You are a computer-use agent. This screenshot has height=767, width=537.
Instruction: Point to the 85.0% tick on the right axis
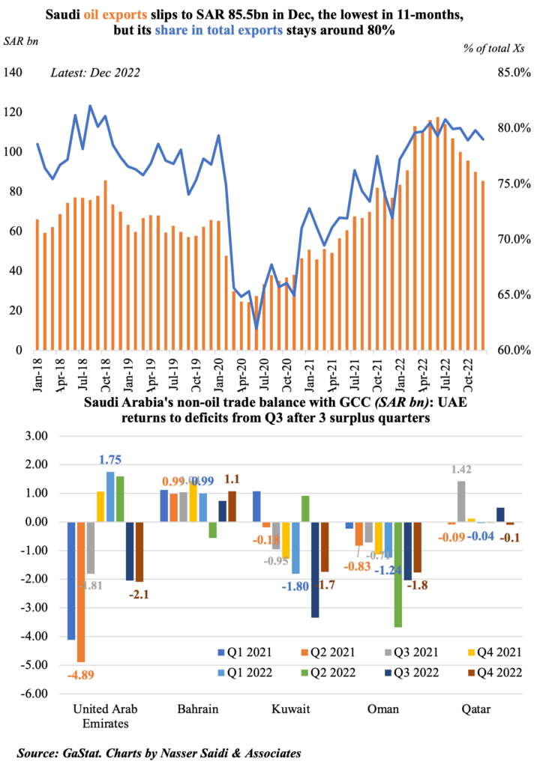pos(514,73)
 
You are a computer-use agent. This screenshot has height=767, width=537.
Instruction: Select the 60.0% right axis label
pos(514,350)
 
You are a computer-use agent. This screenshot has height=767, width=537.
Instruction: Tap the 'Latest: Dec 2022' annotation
pos(94,73)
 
